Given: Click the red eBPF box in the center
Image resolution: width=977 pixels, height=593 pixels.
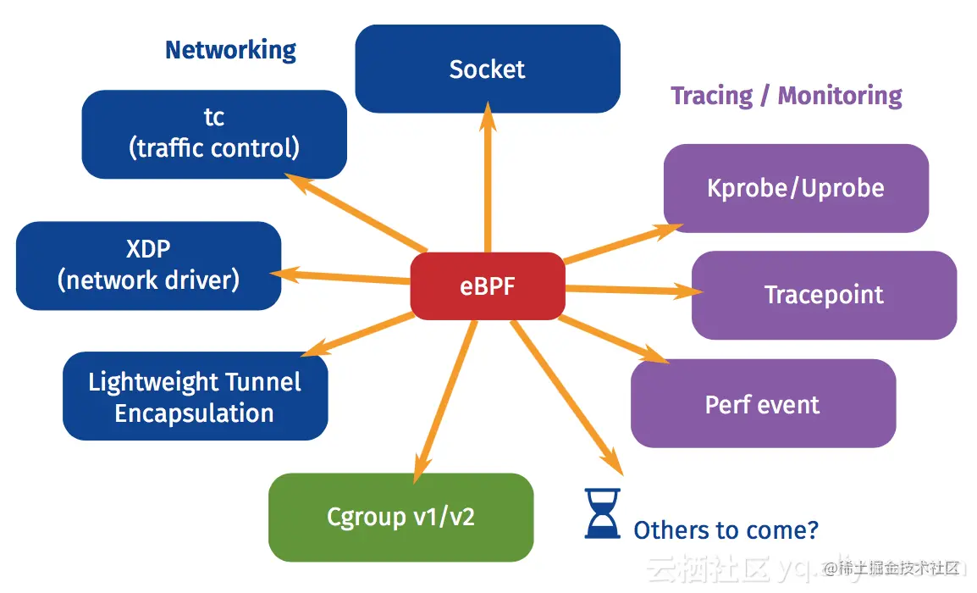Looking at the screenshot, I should coord(487,286).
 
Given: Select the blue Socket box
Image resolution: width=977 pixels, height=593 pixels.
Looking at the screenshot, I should coord(487,69).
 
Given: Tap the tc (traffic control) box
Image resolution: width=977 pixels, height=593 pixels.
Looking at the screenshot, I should coord(214,134).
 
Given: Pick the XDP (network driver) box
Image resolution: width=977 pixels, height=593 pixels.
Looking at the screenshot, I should coord(148,265).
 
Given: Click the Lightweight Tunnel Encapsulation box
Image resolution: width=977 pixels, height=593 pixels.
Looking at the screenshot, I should coord(195,396).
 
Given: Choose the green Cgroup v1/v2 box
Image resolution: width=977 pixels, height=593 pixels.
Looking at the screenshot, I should coord(400,517).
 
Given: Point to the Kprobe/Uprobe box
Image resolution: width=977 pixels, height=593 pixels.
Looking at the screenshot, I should coord(795,188).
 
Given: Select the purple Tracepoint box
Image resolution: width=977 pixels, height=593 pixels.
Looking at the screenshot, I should coord(823,295).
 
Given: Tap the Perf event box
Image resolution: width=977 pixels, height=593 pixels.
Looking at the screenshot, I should coord(762,404).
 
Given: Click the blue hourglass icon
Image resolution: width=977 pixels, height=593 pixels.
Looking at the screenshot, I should coord(602,513).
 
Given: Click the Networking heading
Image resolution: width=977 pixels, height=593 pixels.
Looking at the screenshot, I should coord(230,50).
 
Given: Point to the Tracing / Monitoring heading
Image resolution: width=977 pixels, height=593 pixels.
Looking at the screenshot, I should coord(786,96).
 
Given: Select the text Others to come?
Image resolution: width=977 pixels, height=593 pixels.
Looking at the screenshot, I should coord(726,530).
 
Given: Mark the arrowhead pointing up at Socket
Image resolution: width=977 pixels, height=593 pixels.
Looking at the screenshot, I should coord(488,117).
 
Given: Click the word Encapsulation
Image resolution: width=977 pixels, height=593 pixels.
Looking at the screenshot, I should coord(195,413).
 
